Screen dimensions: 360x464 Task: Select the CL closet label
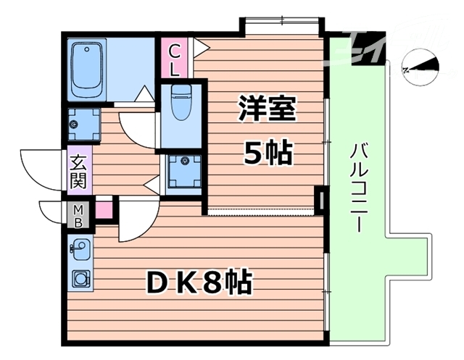point(175,59)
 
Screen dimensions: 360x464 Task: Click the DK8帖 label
point(200,281)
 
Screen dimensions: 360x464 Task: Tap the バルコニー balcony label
point(357,187)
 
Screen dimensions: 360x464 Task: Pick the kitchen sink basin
point(81,248)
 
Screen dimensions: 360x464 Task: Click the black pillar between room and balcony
point(320,198)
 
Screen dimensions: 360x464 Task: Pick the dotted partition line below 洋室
point(261,213)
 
